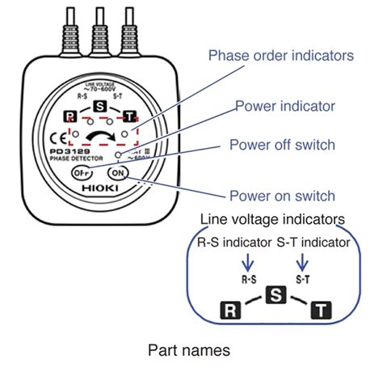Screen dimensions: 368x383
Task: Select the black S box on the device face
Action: click(99, 107)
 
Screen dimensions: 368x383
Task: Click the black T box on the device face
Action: click(128, 117)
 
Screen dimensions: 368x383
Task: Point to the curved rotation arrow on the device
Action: click(101, 133)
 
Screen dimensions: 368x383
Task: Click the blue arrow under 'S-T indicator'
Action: click(302, 260)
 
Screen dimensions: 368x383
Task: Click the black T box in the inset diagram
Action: click(322, 309)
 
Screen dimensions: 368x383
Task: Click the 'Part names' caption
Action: click(190, 350)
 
